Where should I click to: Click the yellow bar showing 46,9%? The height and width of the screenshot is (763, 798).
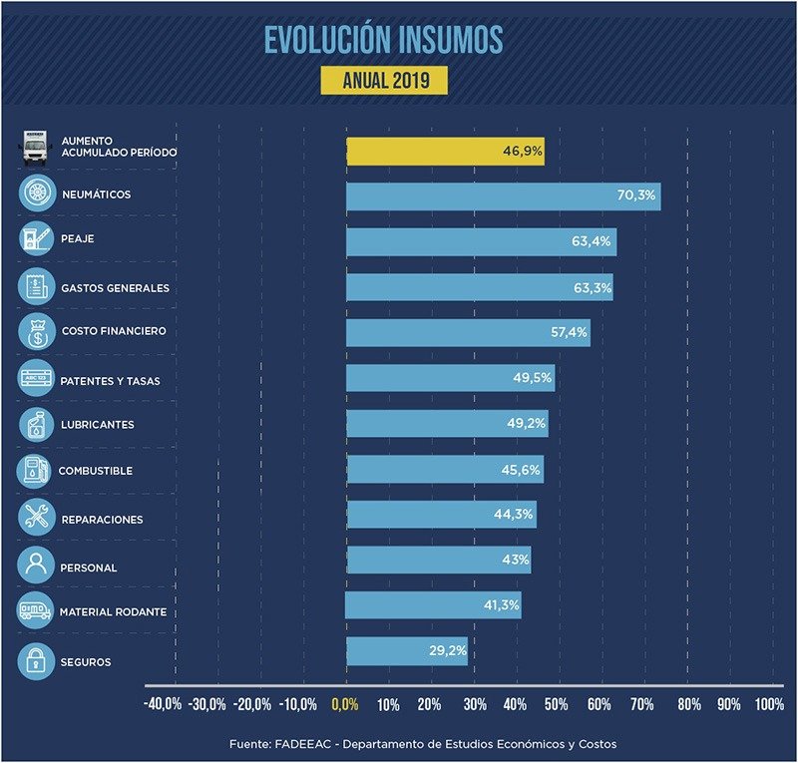pyautogui.click(x=445, y=152)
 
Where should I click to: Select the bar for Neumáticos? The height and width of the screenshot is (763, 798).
pyautogui.click(x=503, y=196)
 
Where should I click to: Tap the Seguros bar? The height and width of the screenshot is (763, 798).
pyautogui.click(x=406, y=651)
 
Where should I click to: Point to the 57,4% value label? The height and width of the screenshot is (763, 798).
pyautogui.click(x=570, y=332)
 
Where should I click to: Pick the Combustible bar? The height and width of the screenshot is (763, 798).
pyautogui.click(x=445, y=470)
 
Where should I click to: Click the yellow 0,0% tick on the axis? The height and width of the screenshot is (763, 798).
pyautogui.click(x=344, y=704)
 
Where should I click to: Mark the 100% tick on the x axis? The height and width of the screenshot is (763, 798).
pyautogui.click(x=769, y=704)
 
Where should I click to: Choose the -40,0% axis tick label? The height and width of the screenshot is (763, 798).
pyautogui.click(x=164, y=704)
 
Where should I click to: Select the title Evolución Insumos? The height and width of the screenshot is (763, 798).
pyautogui.click(x=384, y=39)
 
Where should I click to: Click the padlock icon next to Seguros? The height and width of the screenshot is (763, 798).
pyautogui.click(x=37, y=661)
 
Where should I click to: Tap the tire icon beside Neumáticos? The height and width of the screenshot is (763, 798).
pyautogui.click(x=37, y=193)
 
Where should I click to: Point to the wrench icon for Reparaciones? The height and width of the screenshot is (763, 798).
pyautogui.click(x=37, y=517)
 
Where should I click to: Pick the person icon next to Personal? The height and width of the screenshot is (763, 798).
pyautogui.click(x=37, y=566)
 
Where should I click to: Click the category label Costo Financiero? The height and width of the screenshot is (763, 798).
pyautogui.click(x=113, y=331)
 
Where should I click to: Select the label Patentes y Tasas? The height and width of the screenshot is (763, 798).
pyautogui.click(x=110, y=381)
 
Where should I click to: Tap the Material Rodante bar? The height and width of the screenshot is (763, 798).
pyautogui.click(x=433, y=605)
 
